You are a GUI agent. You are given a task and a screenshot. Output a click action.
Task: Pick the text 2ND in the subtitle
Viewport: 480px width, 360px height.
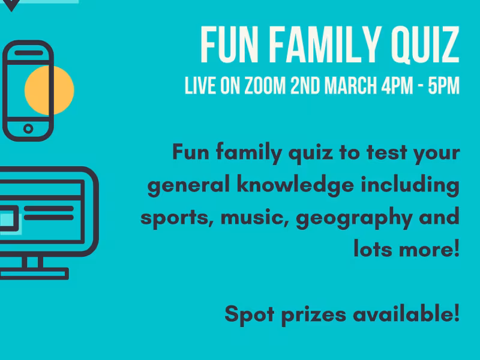click(x=305, y=86)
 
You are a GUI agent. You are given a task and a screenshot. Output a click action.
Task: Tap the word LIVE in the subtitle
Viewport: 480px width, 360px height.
click(x=199, y=86)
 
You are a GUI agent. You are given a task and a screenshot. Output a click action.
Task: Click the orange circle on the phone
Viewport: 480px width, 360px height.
click(x=49, y=91)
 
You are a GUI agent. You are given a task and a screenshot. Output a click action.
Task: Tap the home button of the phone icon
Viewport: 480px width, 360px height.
click(x=28, y=128)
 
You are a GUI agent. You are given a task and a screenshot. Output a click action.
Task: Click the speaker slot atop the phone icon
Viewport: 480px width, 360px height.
click(x=28, y=53)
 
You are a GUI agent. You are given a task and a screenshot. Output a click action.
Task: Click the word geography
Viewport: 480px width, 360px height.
click(x=353, y=217)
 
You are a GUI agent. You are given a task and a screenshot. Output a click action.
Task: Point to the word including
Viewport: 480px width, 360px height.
click(x=410, y=185)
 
